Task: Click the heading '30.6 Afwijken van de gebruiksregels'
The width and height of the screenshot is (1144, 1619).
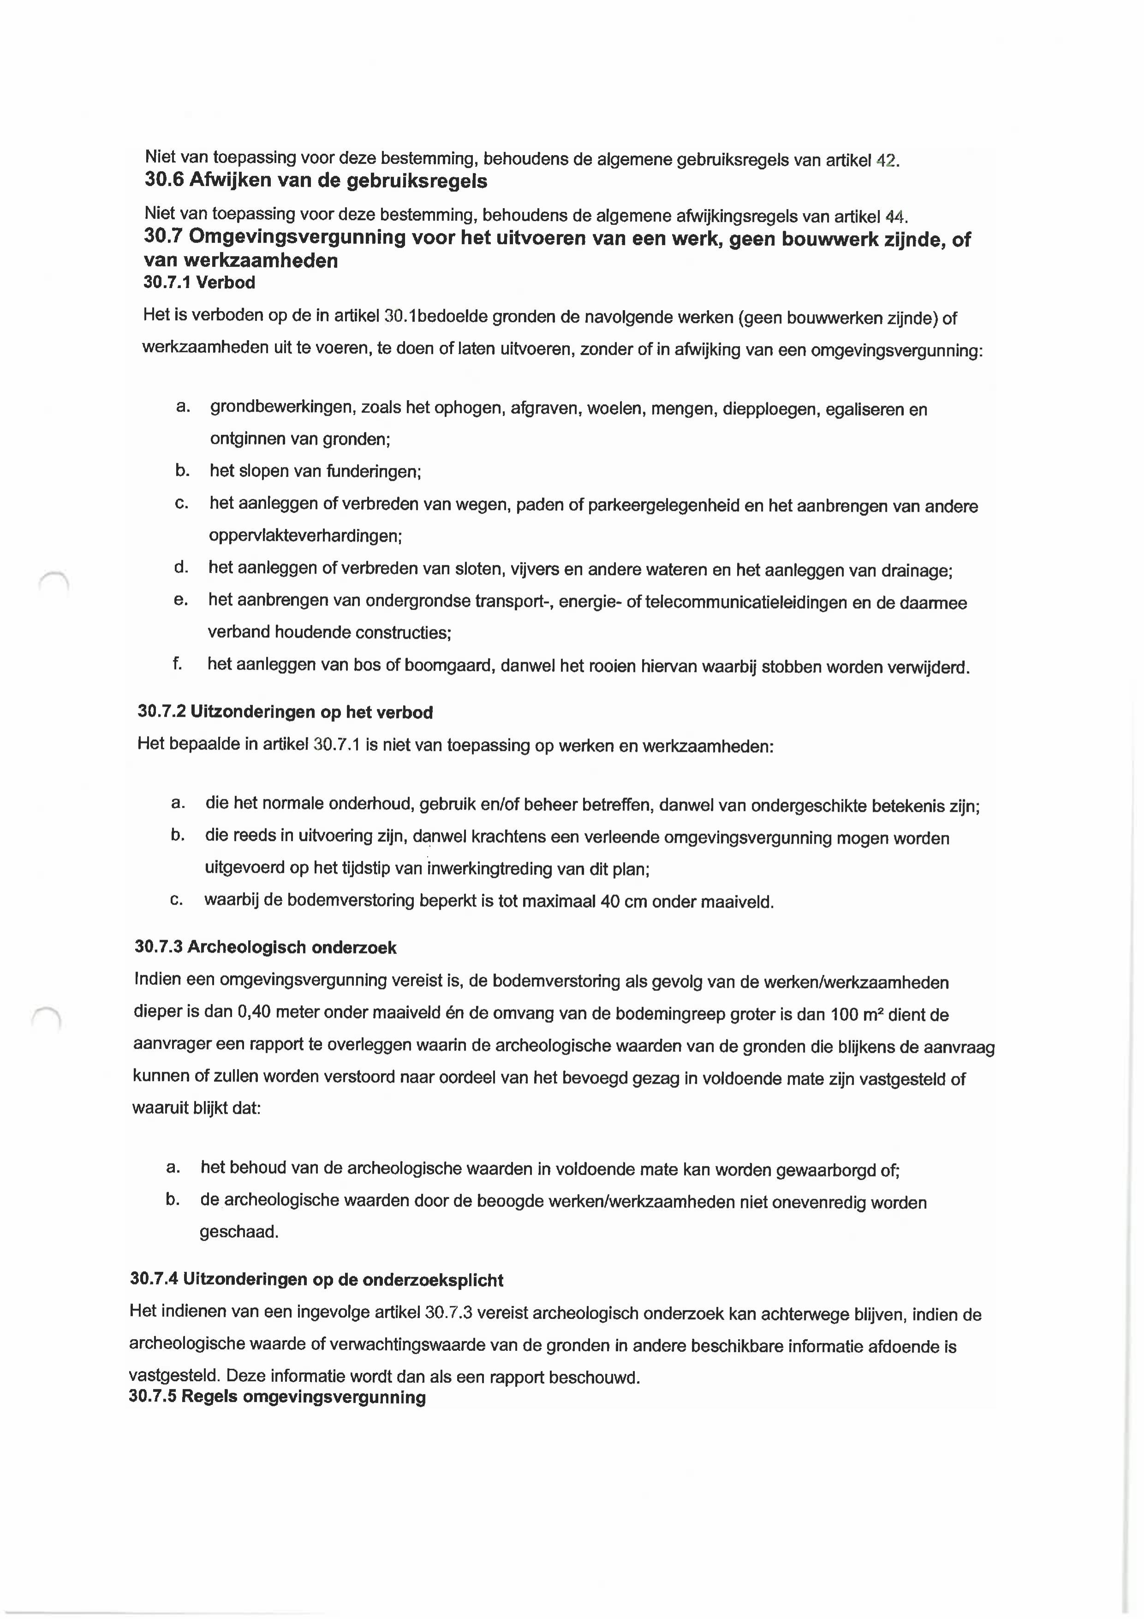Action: pyautogui.click(x=316, y=181)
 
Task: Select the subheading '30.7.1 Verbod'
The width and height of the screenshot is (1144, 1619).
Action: pyautogui.click(x=199, y=283)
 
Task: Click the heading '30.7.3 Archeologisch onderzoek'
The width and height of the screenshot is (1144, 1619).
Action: pyautogui.click(x=265, y=947)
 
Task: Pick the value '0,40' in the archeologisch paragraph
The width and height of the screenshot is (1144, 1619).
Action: pyautogui.click(x=255, y=1013)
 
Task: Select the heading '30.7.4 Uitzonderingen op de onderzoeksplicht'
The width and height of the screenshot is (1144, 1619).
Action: pyautogui.click(x=316, y=1300)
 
